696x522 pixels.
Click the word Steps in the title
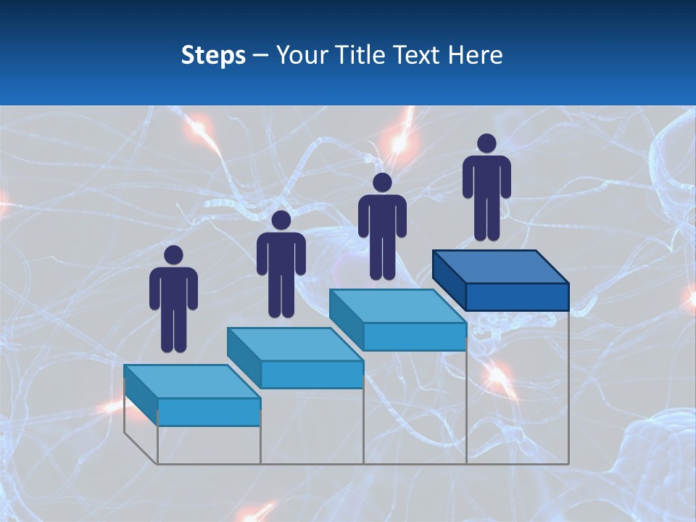[213, 56]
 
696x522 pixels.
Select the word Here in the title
[475, 55]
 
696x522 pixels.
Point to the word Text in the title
[418, 55]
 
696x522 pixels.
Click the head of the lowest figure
[173, 255]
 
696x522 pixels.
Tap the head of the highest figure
[486, 144]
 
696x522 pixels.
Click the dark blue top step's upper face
[500, 267]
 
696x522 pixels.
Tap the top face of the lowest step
[191, 381]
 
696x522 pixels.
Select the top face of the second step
[294, 344]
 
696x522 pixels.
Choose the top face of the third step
[397, 306]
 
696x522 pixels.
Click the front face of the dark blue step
[517, 297]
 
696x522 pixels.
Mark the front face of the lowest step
[209, 412]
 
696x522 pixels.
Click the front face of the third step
[414, 336]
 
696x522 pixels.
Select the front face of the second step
[312, 374]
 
